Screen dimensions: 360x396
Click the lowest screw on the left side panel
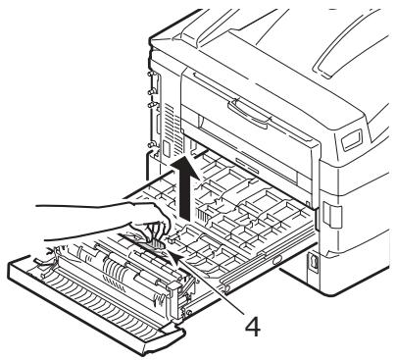pyautogui.click(x=150, y=147)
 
